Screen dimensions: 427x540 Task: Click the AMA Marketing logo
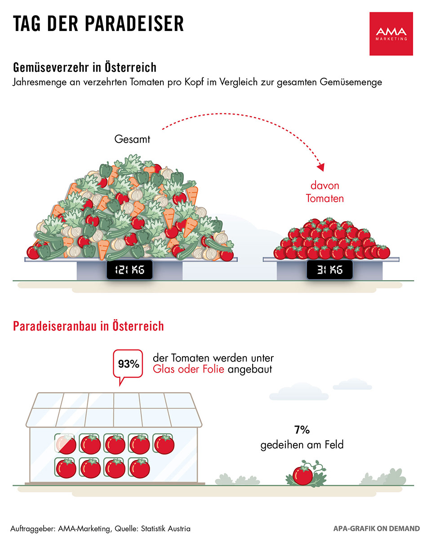click(391, 34)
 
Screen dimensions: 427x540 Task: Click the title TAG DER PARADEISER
click(98, 24)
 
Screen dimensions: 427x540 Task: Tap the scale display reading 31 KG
click(329, 270)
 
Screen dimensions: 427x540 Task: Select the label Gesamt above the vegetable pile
click(132, 139)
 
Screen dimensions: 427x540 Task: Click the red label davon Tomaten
click(325, 192)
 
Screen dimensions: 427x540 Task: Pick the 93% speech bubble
click(128, 364)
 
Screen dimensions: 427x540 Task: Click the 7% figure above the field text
click(302, 430)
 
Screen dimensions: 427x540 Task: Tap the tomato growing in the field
click(302, 475)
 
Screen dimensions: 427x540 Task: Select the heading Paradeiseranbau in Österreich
click(89, 326)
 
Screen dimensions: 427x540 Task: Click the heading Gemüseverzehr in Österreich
click(85, 68)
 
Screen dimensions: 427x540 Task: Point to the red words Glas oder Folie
click(188, 370)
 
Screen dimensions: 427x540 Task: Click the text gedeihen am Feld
click(302, 445)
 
